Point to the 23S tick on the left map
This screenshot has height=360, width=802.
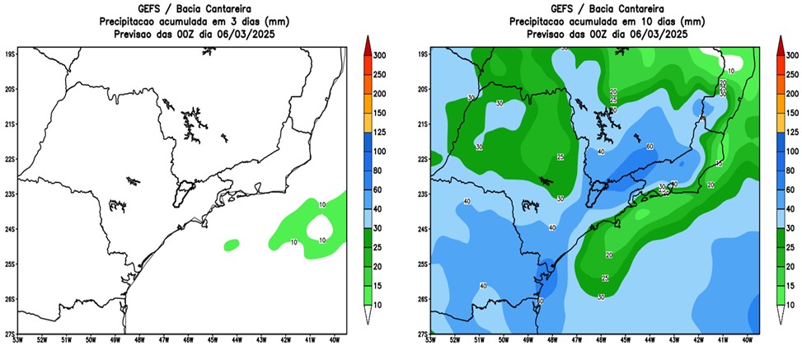tap(10, 194)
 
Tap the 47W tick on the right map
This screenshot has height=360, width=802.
tap(575, 338)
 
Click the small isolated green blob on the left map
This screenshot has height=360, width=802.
tap(231, 244)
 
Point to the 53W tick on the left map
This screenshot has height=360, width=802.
tap(18, 338)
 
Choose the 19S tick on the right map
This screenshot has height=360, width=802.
tap(422, 54)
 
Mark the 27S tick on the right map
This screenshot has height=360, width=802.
tap(422, 334)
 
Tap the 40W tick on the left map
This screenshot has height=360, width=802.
tap(336, 338)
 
